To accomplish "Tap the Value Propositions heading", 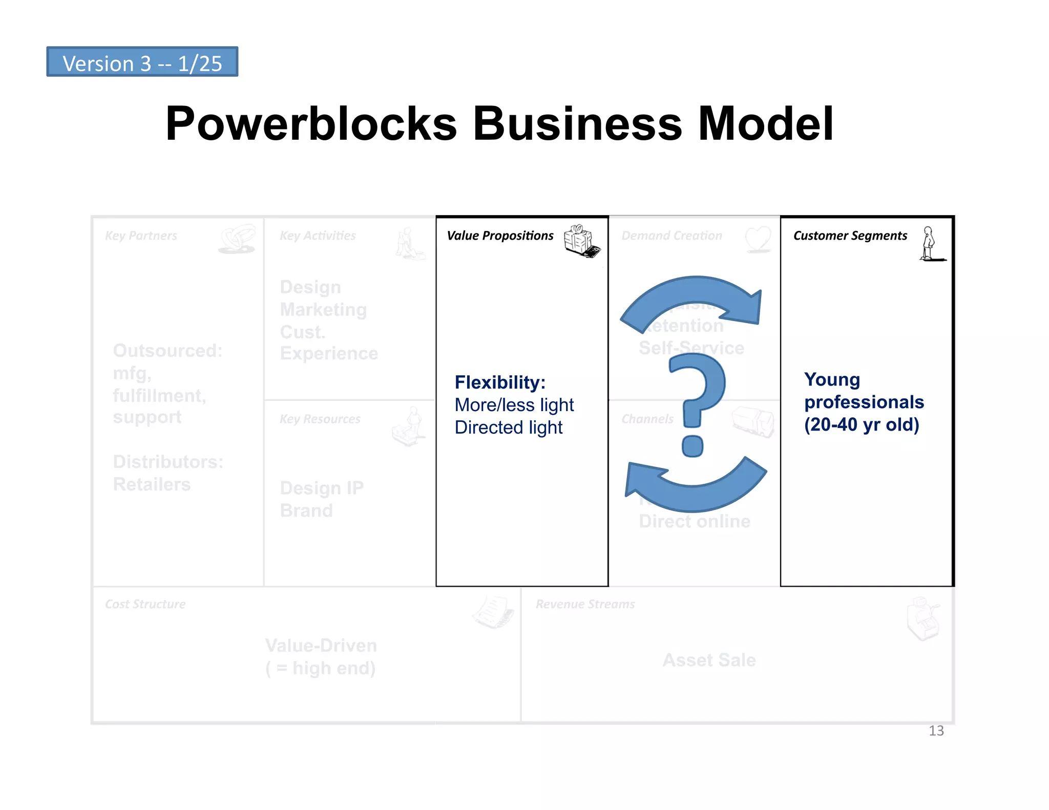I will tap(500, 236).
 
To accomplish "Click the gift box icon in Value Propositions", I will tap(581, 241).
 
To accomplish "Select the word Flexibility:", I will tap(500, 382).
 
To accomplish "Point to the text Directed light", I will tap(508, 428).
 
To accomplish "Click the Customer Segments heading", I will tap(850, 236).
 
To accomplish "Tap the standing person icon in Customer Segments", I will tap(929, 244).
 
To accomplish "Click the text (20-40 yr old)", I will tap(862, 424).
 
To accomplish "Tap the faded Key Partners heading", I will tap(141, 236).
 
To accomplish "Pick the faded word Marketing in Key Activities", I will tap(323, 310).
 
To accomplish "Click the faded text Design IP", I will tap(322, 488).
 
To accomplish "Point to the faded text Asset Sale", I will tap(709, 660).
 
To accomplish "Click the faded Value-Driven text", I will tap(321, 646).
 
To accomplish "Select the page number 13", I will tap(936, 731).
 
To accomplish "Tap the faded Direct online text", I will tap(694, 521).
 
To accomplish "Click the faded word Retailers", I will tap(152, 484).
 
